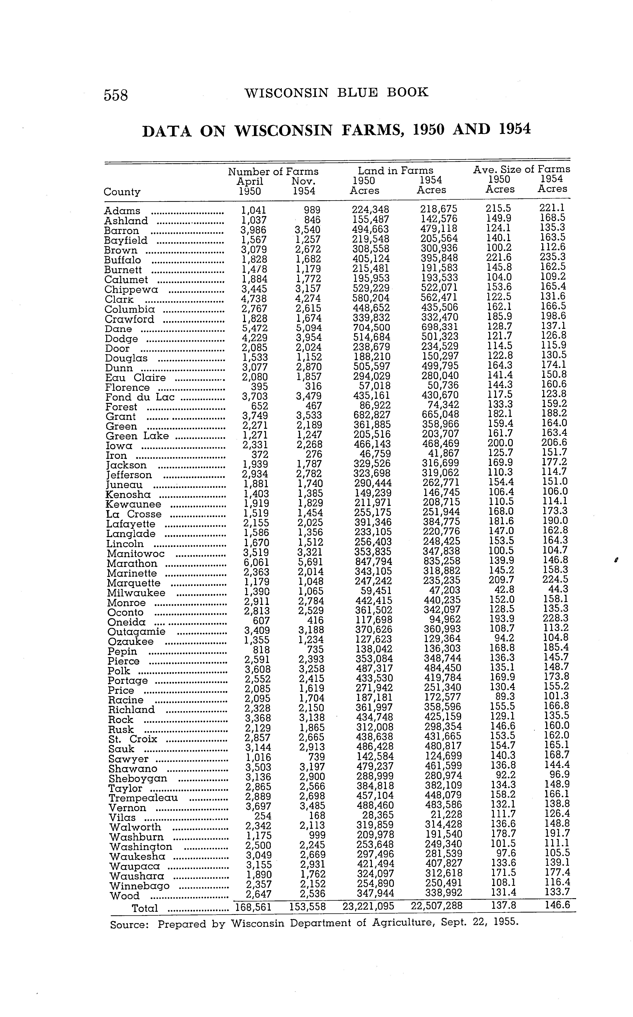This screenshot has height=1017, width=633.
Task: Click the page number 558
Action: click(116, 95)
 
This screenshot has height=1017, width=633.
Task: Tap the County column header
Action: click(122, 192)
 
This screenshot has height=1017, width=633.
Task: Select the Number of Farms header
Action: click(273, 172)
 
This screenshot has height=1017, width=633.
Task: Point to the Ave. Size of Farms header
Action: click(521, 169)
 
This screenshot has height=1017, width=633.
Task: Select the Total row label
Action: click(145, 908)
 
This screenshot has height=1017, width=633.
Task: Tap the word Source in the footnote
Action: click(129, 924)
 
